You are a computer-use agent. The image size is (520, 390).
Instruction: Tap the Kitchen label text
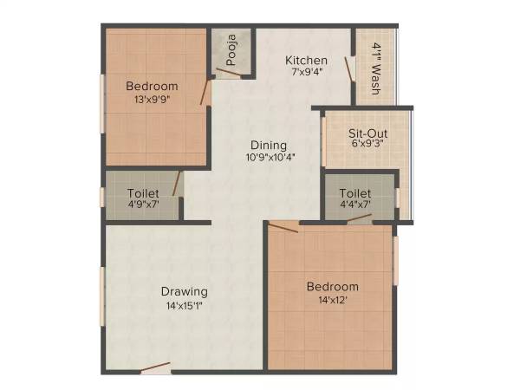[307, 60]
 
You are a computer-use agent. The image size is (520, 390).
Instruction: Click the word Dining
[269, 145]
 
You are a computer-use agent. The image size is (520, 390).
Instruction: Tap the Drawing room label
[183, 290]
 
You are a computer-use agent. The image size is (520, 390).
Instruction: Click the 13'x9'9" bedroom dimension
[152, 100]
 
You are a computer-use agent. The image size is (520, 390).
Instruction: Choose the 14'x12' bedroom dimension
[332, 301]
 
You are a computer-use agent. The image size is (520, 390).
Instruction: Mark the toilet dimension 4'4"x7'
[355, 205]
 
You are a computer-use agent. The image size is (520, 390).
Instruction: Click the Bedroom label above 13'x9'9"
[152, 86]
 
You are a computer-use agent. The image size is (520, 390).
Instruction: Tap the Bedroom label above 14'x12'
[332, 287]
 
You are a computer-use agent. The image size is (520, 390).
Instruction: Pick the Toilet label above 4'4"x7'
[355, 192]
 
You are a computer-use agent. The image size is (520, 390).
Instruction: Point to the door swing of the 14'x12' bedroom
[283, 228]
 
